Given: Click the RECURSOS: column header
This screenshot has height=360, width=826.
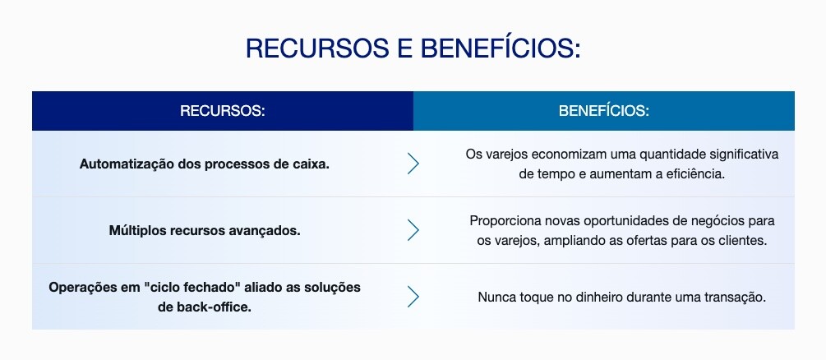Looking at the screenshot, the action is (x=222, y=111).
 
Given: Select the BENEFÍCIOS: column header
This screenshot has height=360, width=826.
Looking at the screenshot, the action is (x=604, y=111).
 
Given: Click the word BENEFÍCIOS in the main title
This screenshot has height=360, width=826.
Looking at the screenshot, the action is (x=500, y=48).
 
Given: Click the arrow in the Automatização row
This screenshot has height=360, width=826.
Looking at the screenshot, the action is (x=413, y=164).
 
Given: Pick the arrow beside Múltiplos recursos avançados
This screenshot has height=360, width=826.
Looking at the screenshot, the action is (x=413, y=230).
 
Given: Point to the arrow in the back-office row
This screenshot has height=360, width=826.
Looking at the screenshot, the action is (x=413, y=297).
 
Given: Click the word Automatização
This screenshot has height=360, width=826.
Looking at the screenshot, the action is (x=127, y=164).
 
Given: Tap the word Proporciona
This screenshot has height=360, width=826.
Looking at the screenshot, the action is (x=500, y=221).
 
